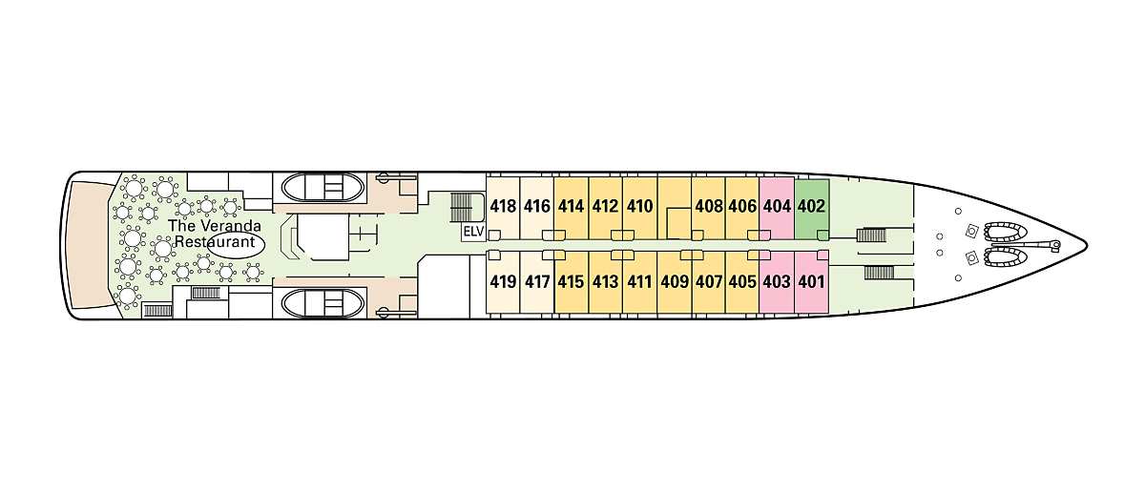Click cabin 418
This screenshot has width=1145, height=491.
point(503,206)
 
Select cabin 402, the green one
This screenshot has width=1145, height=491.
point(811,206)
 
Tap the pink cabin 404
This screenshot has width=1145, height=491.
point(777,206)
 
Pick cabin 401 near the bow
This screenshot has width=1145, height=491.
point(811,282)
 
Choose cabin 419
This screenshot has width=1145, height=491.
point(503,282)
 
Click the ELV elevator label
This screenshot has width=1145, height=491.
point(473,232)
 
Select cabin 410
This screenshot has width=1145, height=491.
point(639,206)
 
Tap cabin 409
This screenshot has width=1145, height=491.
point(674,282)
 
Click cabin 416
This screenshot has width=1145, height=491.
point(537,206)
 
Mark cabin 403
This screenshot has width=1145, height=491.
point(777,282)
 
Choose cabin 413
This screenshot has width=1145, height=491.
point(605,282)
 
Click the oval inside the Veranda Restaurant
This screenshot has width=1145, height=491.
point(233,242)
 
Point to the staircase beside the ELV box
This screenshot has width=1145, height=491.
point(462,206)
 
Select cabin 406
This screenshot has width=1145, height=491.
point(742,206)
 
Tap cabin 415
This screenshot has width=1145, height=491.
point(571,282)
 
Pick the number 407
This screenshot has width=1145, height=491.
point(708,282)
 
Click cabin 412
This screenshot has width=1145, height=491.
point(605,206)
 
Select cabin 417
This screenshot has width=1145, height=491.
point(537,282)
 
